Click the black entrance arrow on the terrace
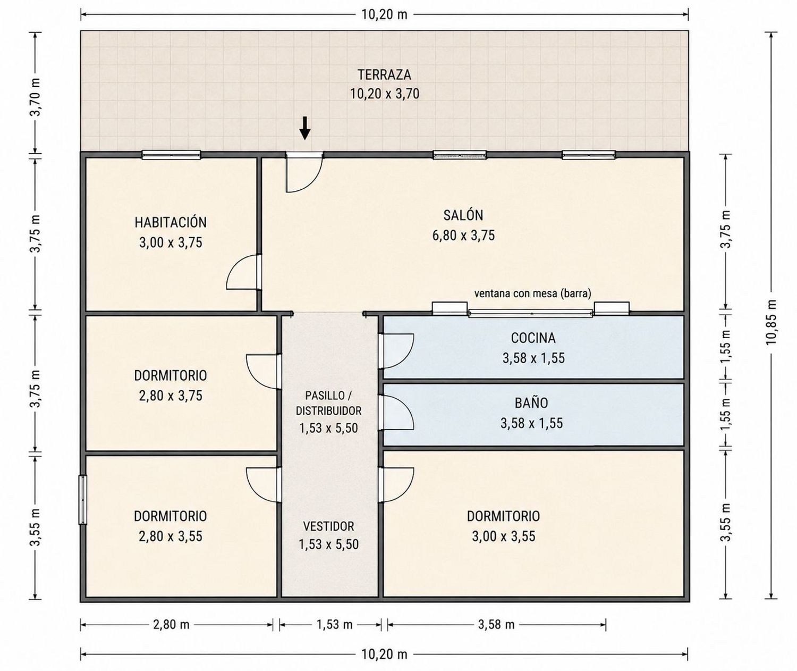(304, 128)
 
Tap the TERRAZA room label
(384, 74)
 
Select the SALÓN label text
(463, 215)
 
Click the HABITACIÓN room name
(171, 222)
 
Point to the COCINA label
(533, 338)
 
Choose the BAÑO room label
(531, 403)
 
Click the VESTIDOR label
(329, 526)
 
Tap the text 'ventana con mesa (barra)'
(532, 293)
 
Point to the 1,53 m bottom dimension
(334, 624)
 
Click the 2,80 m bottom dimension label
(171, 624)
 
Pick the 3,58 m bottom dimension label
(496, 624)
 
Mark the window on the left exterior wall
(82, 499)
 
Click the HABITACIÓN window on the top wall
(171, 155)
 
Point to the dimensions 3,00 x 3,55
(504, 536)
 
